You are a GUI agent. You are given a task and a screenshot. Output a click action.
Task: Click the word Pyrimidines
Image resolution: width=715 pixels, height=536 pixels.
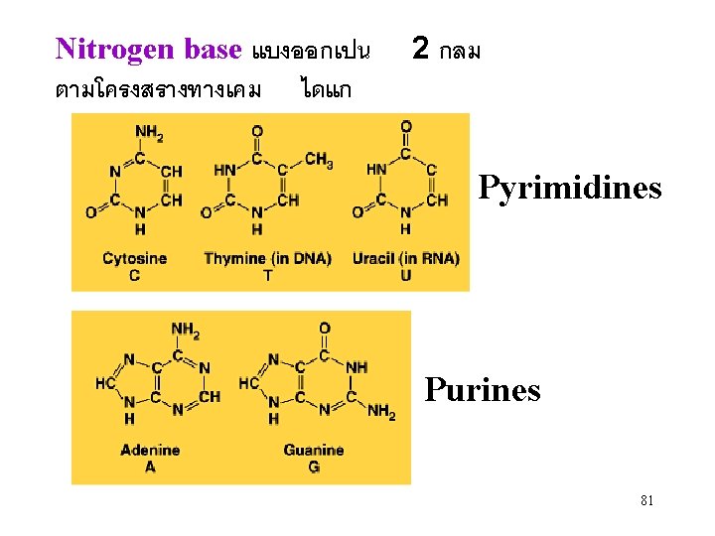[569, 188]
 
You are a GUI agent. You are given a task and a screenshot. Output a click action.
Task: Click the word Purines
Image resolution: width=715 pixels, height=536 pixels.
[482, 389]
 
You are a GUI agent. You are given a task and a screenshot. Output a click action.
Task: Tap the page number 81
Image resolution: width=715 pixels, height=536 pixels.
[646, 501]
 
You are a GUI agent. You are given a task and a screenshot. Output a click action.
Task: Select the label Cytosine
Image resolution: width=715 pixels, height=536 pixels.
[134, 259]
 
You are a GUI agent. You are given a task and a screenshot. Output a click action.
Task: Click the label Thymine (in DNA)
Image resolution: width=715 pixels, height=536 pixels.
[267, 259]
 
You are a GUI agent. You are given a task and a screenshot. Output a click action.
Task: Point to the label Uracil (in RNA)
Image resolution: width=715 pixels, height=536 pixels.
[405, 259]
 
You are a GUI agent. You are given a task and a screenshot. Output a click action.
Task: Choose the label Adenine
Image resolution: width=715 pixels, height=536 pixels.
[150, 450]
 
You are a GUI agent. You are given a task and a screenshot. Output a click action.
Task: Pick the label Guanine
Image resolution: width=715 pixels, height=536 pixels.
[313, 450]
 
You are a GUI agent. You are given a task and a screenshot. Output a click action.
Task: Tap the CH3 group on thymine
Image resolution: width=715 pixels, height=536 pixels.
[319, 159]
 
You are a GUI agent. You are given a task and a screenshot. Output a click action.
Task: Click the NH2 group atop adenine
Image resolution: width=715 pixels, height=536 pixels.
[185, 331]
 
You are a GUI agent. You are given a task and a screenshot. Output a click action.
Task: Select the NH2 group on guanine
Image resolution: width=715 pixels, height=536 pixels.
[381, 413]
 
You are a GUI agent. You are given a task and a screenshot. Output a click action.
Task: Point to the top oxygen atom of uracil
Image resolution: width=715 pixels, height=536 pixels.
[405, 126]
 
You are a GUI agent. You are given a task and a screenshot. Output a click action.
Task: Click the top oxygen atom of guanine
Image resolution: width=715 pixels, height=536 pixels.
[325, 329]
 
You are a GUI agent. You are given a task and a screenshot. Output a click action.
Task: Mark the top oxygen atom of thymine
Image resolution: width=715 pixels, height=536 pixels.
[257, 130]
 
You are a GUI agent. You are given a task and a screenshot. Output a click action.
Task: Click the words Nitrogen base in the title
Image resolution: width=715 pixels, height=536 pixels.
[149, 49]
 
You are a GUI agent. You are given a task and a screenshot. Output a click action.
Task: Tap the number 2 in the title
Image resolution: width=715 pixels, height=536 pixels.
[421, 48]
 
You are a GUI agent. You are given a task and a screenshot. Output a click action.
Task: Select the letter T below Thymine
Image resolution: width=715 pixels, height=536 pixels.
[267, 275]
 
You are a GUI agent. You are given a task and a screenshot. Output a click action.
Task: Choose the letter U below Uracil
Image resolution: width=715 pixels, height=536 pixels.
[405, 275]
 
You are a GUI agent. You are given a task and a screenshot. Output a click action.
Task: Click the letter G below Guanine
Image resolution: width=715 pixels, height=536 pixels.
[313, 466]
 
